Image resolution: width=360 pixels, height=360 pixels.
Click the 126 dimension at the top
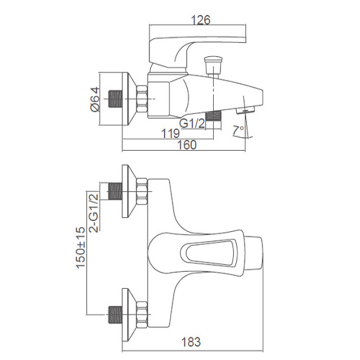201,20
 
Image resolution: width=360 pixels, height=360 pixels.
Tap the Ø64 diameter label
95,99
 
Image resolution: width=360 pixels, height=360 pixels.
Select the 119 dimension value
170,133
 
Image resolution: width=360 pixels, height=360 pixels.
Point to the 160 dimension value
187,145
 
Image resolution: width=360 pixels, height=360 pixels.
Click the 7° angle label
238,130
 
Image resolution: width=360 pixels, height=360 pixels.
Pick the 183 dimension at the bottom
191,342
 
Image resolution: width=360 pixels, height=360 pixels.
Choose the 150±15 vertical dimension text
81,247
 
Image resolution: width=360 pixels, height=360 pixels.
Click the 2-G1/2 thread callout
94,213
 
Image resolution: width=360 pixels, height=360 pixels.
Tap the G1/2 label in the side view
192,123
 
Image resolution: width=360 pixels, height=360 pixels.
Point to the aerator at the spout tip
245,110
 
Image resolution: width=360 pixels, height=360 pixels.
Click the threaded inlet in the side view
115,99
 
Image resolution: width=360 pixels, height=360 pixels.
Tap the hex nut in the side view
142,99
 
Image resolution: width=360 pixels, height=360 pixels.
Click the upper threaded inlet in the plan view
115,191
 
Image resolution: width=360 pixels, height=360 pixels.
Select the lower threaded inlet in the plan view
115,315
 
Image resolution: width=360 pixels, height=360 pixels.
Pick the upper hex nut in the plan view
142,191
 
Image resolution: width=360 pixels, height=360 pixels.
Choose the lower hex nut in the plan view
142,315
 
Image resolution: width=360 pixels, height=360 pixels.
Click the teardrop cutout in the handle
208,253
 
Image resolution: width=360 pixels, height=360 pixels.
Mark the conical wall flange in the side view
129,99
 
